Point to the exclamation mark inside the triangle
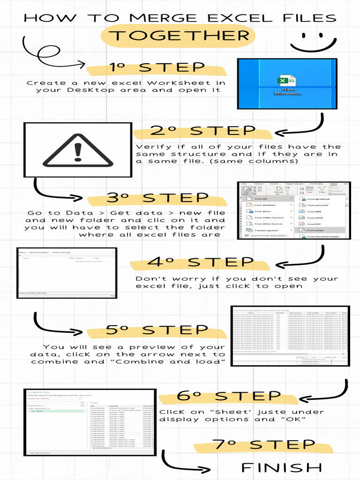78,151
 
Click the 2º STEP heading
202,131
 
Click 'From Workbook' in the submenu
319,199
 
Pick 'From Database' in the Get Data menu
265,205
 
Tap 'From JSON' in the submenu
315,217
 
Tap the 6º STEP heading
228,397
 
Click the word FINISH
281,467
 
